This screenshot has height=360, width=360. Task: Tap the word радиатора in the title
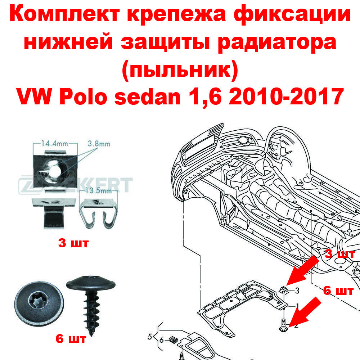point(276,42)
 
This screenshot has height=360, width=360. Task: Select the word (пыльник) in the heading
point(180,71)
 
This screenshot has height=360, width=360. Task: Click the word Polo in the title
point(83,96)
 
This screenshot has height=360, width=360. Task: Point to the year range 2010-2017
point(286,96)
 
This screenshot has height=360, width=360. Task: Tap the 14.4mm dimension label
point(55,144)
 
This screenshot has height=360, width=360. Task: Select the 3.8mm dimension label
point(99,144)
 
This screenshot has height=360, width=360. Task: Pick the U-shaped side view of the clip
point(98,214)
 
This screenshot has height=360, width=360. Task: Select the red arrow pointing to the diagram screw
point(305,312)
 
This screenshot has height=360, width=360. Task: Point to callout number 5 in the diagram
point(150,337)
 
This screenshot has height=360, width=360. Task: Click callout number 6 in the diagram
point(161,340)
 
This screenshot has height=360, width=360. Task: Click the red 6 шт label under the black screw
point(71,339)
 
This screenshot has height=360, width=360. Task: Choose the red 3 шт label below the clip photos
point(73,243)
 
